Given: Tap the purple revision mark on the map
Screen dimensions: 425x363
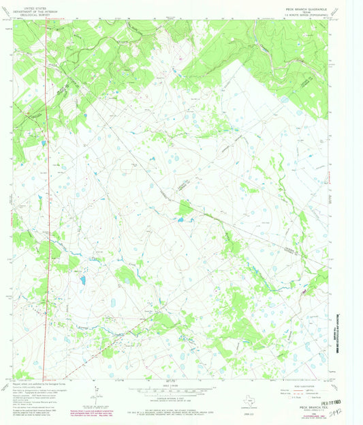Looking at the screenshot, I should tap(304, 292).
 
